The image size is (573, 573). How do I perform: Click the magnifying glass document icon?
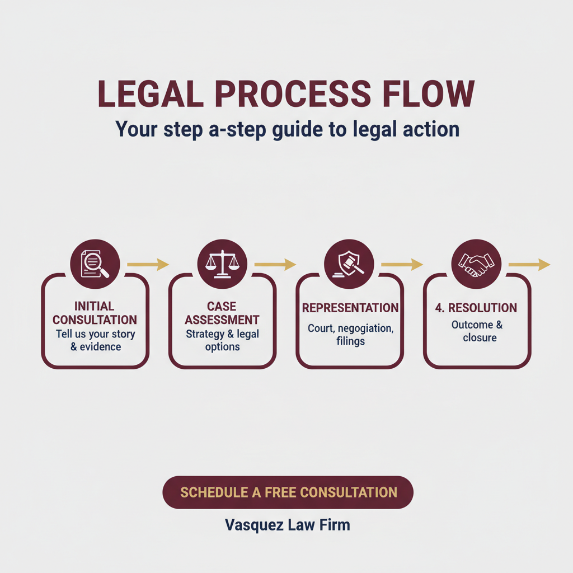coord(95,262)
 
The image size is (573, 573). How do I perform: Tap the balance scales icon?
coord(222,262)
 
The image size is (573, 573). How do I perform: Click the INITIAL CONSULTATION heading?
coord(95,313)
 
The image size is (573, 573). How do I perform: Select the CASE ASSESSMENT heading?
coord(222,313)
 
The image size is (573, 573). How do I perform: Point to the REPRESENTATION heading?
coord(350,308)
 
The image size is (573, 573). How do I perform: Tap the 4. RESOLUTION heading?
coord(476,308)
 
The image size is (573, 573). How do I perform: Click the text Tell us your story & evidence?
coord(95,340)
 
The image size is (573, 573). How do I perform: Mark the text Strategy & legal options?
coord(222,340)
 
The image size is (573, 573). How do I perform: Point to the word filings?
coord(350,341)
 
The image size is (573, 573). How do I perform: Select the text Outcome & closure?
coord(477,331)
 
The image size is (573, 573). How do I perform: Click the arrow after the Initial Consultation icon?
coord(148,264)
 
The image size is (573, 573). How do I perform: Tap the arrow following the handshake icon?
coord(529,264)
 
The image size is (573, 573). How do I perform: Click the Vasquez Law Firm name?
coord(287,525)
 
